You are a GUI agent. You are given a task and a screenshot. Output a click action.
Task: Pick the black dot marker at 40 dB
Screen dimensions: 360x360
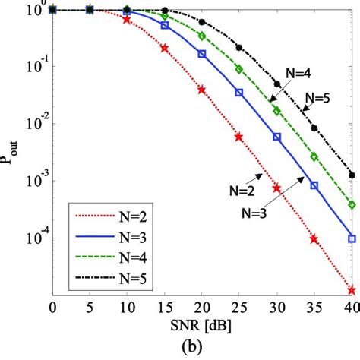click(x=351, y=175)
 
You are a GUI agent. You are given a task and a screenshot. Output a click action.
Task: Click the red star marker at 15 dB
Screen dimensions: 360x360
click(x=164, y=48)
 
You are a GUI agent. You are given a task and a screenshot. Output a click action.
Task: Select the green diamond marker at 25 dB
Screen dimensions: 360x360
click(x=239, y=69)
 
